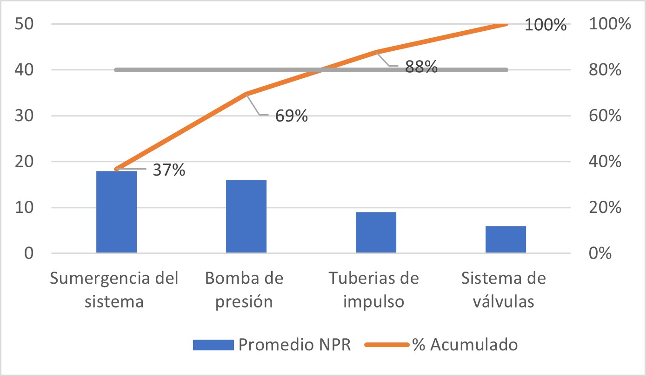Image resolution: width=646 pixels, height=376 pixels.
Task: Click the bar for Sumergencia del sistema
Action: [x=116, y=212]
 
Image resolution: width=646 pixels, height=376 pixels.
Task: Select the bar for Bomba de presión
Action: [x=246, y=216]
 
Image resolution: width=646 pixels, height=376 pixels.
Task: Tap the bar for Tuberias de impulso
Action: [x=376, y=232]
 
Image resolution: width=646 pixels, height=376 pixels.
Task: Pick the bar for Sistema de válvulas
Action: [x=506, y=239]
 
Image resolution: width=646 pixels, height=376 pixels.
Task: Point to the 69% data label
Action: [x=291, y=116]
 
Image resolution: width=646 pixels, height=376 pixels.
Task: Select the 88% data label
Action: [x=421, y=68]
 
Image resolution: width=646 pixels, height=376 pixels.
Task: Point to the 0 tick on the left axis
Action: [x=30, y=254]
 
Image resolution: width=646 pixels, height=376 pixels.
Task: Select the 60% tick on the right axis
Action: [x=605, y=116]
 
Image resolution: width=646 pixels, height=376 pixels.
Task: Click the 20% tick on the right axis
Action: [x=605, y=208]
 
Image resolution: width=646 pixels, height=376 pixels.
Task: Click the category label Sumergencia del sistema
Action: [x=114, y=290]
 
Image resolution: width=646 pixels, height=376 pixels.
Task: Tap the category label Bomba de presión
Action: [x=244, y=290]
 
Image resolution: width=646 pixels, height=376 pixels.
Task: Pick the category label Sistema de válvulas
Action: [x=503, y=290]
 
